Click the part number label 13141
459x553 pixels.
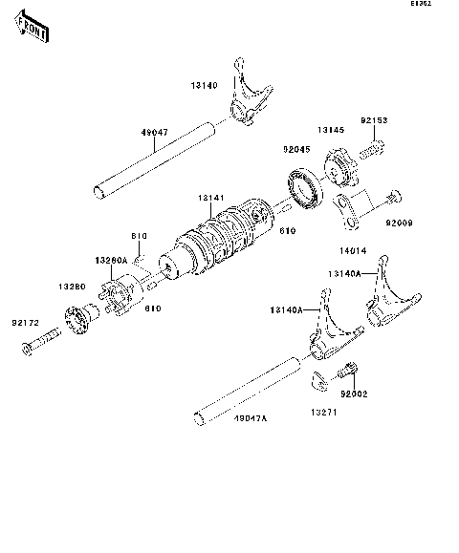(x=212, y=198)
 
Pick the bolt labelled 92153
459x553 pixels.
(x=373, y=147)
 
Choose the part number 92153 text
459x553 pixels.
(x=375, y=121)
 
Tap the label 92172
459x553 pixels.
(x=27, y=323)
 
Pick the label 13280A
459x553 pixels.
(x=112, y=259)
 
